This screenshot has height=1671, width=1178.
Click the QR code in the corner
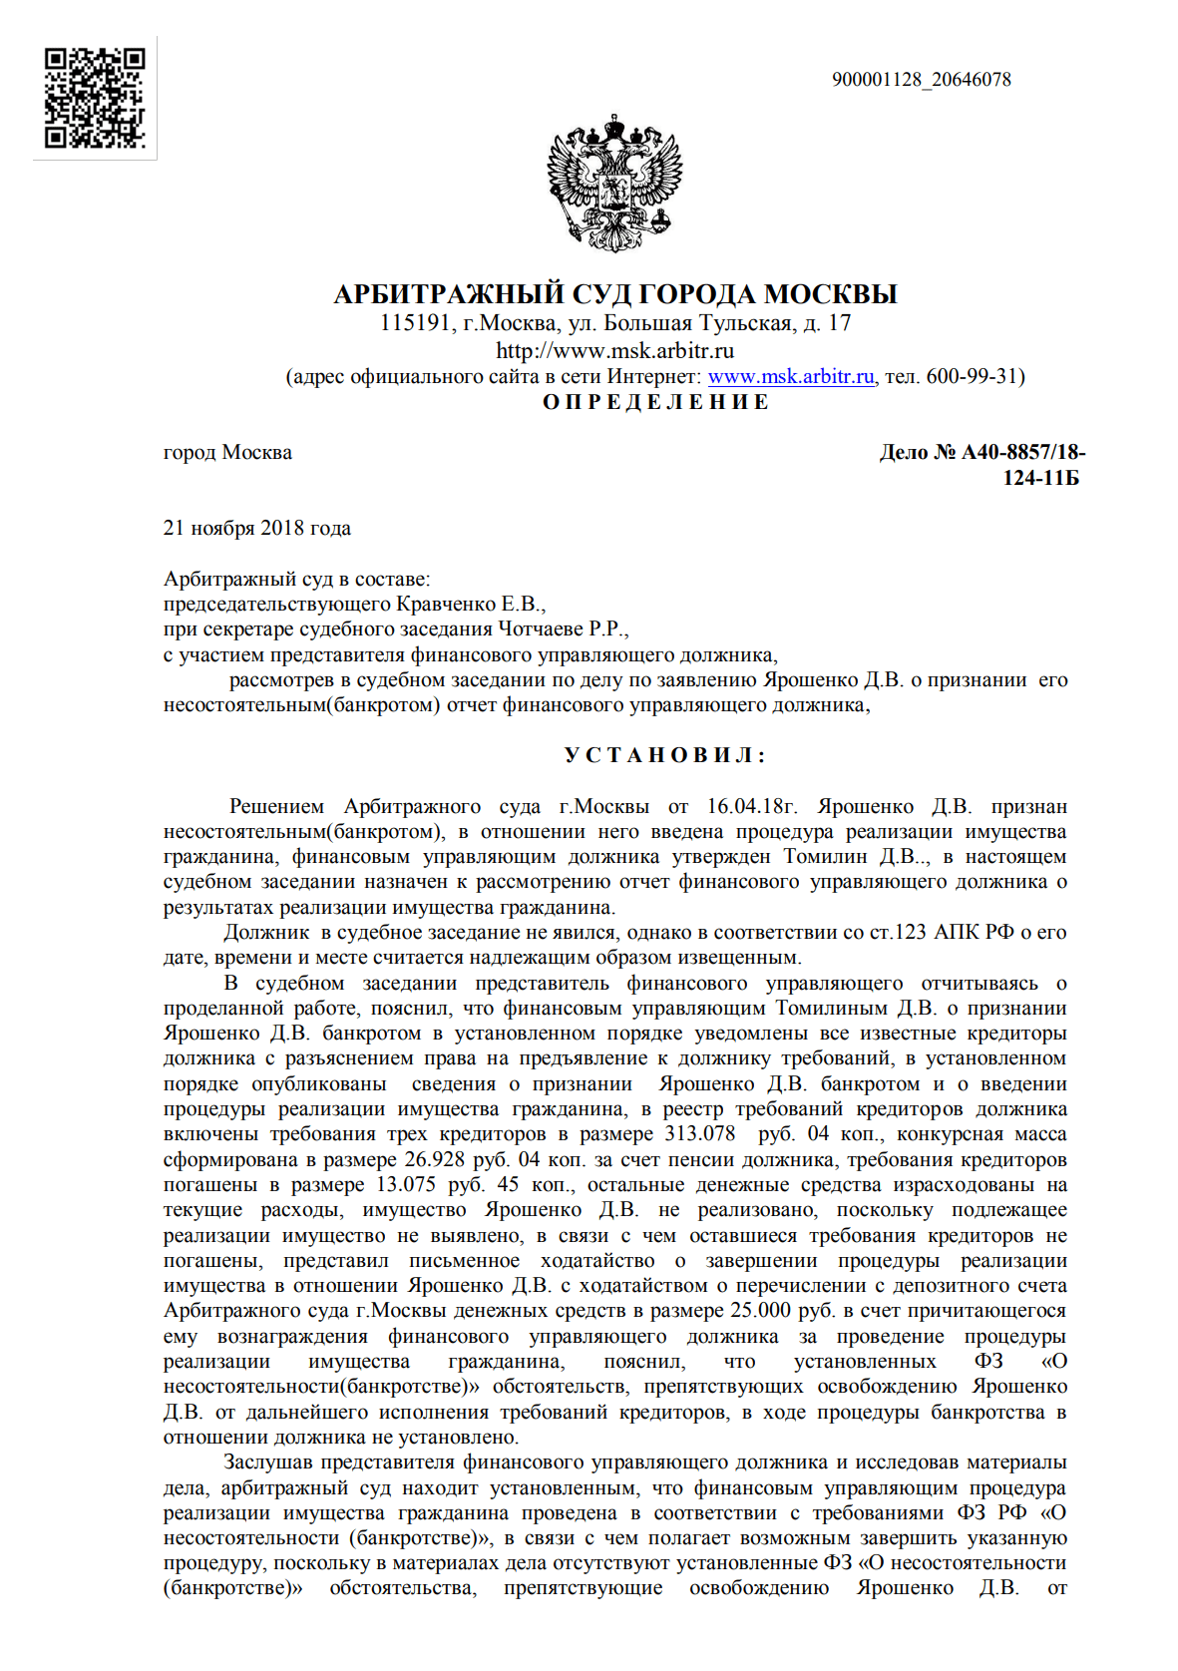tap(95, 98)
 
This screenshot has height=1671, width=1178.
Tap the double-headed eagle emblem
tap(613, 182)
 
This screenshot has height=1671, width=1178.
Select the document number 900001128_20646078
tap(921, 80)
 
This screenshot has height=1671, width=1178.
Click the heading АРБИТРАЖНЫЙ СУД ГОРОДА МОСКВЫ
tap(614, 294)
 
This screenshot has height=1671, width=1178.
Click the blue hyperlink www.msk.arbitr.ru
tap(790, 377)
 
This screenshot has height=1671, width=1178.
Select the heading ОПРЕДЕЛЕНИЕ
tap(655, 402)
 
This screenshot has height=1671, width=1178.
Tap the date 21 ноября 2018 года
tap(256, 529)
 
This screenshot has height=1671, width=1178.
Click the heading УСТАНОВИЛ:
tap(664, 755)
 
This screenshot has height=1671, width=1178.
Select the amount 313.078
tap(699, 1134)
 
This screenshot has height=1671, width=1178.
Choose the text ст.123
tap(897, 933)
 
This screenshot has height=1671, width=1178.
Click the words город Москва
tap(227, 453)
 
